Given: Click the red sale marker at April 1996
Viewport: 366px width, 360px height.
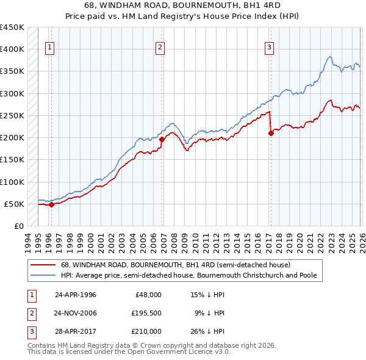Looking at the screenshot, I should tap(51, 205).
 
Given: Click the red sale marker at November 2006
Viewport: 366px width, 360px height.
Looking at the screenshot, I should tap(162, 140).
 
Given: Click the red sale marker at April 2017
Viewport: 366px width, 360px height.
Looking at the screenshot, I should tap(270, 134).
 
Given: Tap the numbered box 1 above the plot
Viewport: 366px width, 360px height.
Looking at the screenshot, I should tap(49, 48).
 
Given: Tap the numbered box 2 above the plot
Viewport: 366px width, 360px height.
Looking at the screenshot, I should tap(160, 48).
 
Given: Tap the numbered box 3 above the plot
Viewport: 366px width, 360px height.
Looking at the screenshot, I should tap(269, 48).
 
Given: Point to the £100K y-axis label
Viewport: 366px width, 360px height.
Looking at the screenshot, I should tap(12, 182).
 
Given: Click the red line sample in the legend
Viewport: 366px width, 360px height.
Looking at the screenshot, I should tap(45, 265).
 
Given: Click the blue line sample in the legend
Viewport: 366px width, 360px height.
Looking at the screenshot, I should tap(45, 275).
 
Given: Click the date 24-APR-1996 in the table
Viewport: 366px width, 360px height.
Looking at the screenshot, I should tap(76, 295).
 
